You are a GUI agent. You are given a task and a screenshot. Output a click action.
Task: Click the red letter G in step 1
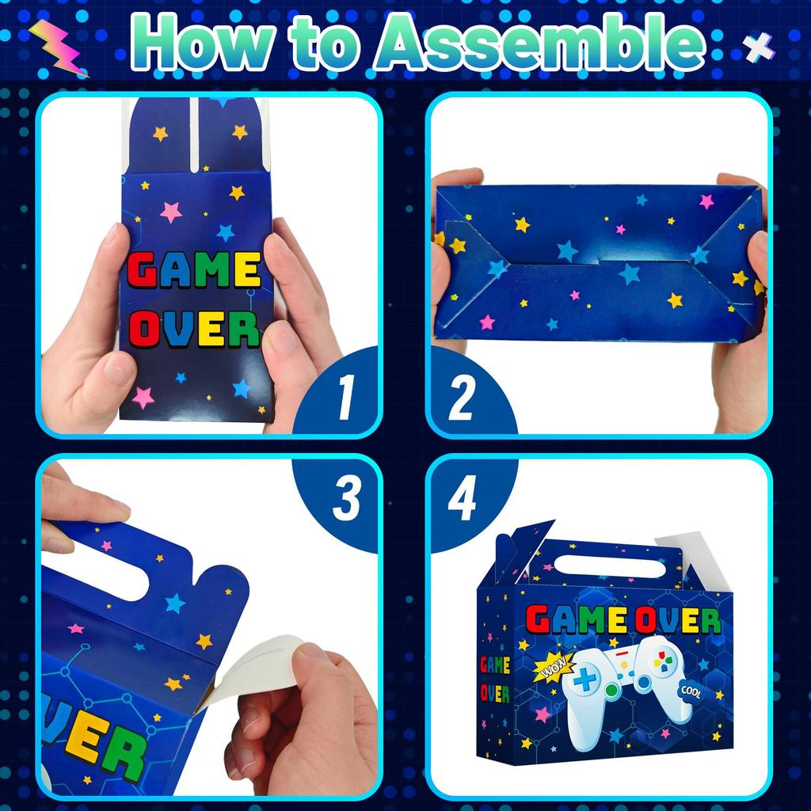click(143, 273)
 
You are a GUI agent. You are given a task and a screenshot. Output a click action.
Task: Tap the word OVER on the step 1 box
click(195, 329)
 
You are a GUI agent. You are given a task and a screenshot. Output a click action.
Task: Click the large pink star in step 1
click(171, 212)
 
